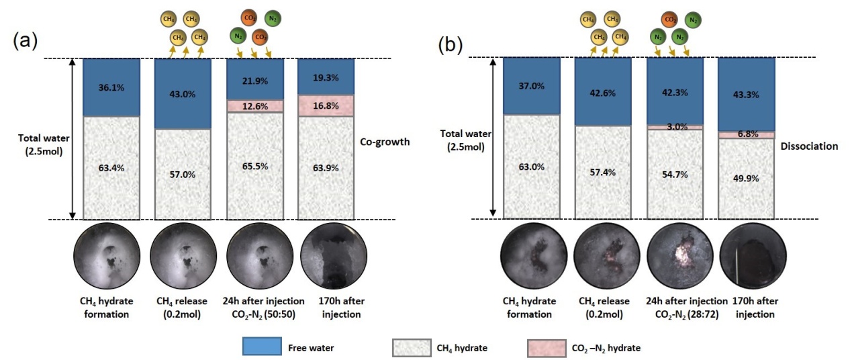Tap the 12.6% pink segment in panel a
click(254, 105)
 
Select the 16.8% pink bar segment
click(326, 105)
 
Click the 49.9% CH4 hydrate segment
click(747, 178)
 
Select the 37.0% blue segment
click(531, 85)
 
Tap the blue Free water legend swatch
click(262, 347)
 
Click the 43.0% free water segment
click(183, 93)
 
